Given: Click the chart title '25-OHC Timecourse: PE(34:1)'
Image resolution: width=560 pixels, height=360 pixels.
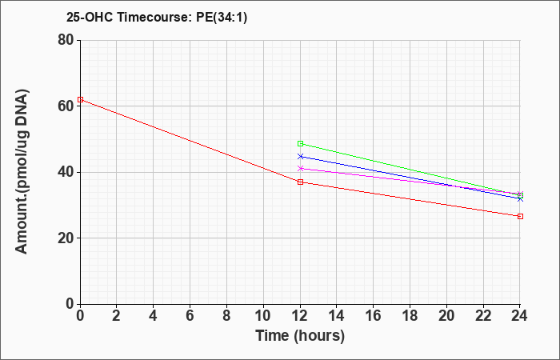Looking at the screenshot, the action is (157, 17).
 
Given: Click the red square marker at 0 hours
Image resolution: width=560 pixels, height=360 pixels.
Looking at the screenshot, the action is (80, 100).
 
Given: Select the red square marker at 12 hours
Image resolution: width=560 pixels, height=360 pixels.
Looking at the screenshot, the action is (300, 182).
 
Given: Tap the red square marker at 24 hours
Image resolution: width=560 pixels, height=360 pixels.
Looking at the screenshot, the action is (520, 217).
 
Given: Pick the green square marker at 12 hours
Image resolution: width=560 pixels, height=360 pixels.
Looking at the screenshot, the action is (300, 143).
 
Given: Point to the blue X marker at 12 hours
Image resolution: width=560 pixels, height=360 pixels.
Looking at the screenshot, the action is (300, 157).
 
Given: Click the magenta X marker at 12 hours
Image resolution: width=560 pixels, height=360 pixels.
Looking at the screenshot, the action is (300, 168).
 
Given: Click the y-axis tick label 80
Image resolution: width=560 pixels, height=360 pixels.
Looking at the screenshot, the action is (66, 40).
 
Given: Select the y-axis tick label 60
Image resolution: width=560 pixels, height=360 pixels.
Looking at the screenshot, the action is (66, 106).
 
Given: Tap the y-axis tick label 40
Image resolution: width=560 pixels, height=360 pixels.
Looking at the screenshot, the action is (66, 172).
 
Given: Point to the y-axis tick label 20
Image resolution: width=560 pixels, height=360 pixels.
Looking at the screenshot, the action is (66, 238).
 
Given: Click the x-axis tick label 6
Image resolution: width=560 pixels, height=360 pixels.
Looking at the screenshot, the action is (190, 316).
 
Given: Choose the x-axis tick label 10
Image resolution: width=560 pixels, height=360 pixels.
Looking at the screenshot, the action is (263, 316).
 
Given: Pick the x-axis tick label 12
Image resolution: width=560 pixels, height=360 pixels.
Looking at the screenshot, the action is (300, 316).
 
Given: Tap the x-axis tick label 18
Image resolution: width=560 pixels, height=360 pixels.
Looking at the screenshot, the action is (410, 316).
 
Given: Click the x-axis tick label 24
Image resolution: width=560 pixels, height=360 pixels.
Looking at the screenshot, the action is (520, 316).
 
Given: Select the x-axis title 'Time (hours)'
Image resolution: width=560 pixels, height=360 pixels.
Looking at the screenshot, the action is (300, 336).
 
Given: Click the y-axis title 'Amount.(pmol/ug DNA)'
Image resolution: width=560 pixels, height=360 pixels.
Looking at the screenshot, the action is (22, 171).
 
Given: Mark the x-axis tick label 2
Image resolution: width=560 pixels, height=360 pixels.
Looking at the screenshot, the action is (117, 316).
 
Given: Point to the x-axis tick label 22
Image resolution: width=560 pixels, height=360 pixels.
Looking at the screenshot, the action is (483, 316).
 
